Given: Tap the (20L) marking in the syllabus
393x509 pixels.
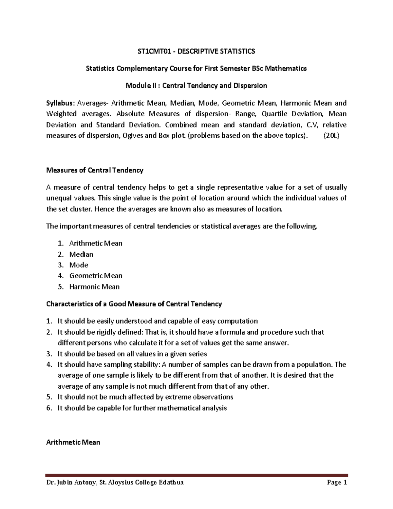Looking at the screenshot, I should pos(331,136).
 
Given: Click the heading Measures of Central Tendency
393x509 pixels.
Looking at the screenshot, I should pos(95,170).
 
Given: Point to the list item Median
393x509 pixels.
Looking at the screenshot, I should pos(81,254).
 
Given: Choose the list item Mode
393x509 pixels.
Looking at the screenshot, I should pos(79,265).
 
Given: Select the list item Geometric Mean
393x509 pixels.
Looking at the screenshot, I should pos(96,276).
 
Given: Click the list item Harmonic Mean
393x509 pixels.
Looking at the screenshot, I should pos(94,287).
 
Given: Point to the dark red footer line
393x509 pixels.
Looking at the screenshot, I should pos(196,475).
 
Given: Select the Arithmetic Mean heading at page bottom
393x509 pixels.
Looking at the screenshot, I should pos(73,442).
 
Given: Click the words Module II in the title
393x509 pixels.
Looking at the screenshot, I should pos(140,86).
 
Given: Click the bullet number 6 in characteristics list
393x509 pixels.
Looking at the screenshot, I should pos(49,408).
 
